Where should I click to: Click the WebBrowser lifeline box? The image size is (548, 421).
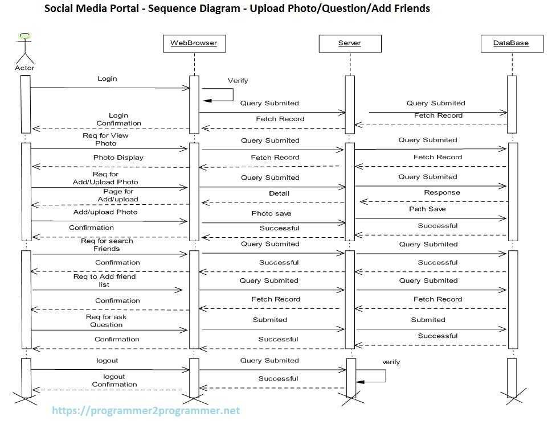click(x=194, y=43)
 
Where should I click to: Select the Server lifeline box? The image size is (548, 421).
click(x=349, y=43)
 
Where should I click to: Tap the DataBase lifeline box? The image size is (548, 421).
click(x=511, y=43)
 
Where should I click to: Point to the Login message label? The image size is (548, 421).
click(x=107, y=79)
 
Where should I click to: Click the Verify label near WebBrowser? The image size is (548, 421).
click(x=238, y=81)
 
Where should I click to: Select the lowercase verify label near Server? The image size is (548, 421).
click(x=391, y=362)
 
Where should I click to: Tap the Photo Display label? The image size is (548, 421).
click(x=118, y=158)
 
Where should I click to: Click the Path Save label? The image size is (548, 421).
click(x=427, y=209)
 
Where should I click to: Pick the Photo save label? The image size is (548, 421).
click(x=271, y=213)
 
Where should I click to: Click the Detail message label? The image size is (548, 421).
click(x=279, y=193)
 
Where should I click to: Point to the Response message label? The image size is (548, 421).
click(x=441, y=193)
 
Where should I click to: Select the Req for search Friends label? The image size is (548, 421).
click(x=107, y=245)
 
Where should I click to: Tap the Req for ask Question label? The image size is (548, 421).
click(x=107, y=321)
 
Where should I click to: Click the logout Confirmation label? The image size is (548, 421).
click(x=114, y=381)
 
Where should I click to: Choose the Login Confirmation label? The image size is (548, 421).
click(x=118, y=119)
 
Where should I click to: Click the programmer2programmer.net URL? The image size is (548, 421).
click(x=146, y=410)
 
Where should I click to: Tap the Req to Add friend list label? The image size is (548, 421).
click(x=104, y=280)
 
